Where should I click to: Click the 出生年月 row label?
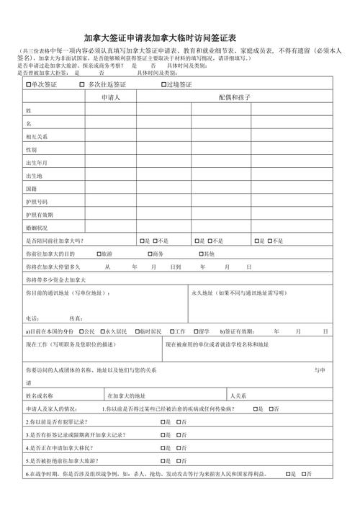coord(37,163)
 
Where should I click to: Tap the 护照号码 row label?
coord(37,202)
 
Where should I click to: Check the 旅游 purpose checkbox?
coord(99,254)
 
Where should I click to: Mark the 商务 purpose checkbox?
coord(150,254)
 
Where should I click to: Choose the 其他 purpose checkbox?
coord(202,254)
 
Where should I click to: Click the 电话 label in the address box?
coord(32,318)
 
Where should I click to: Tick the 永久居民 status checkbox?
coord(103,331)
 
